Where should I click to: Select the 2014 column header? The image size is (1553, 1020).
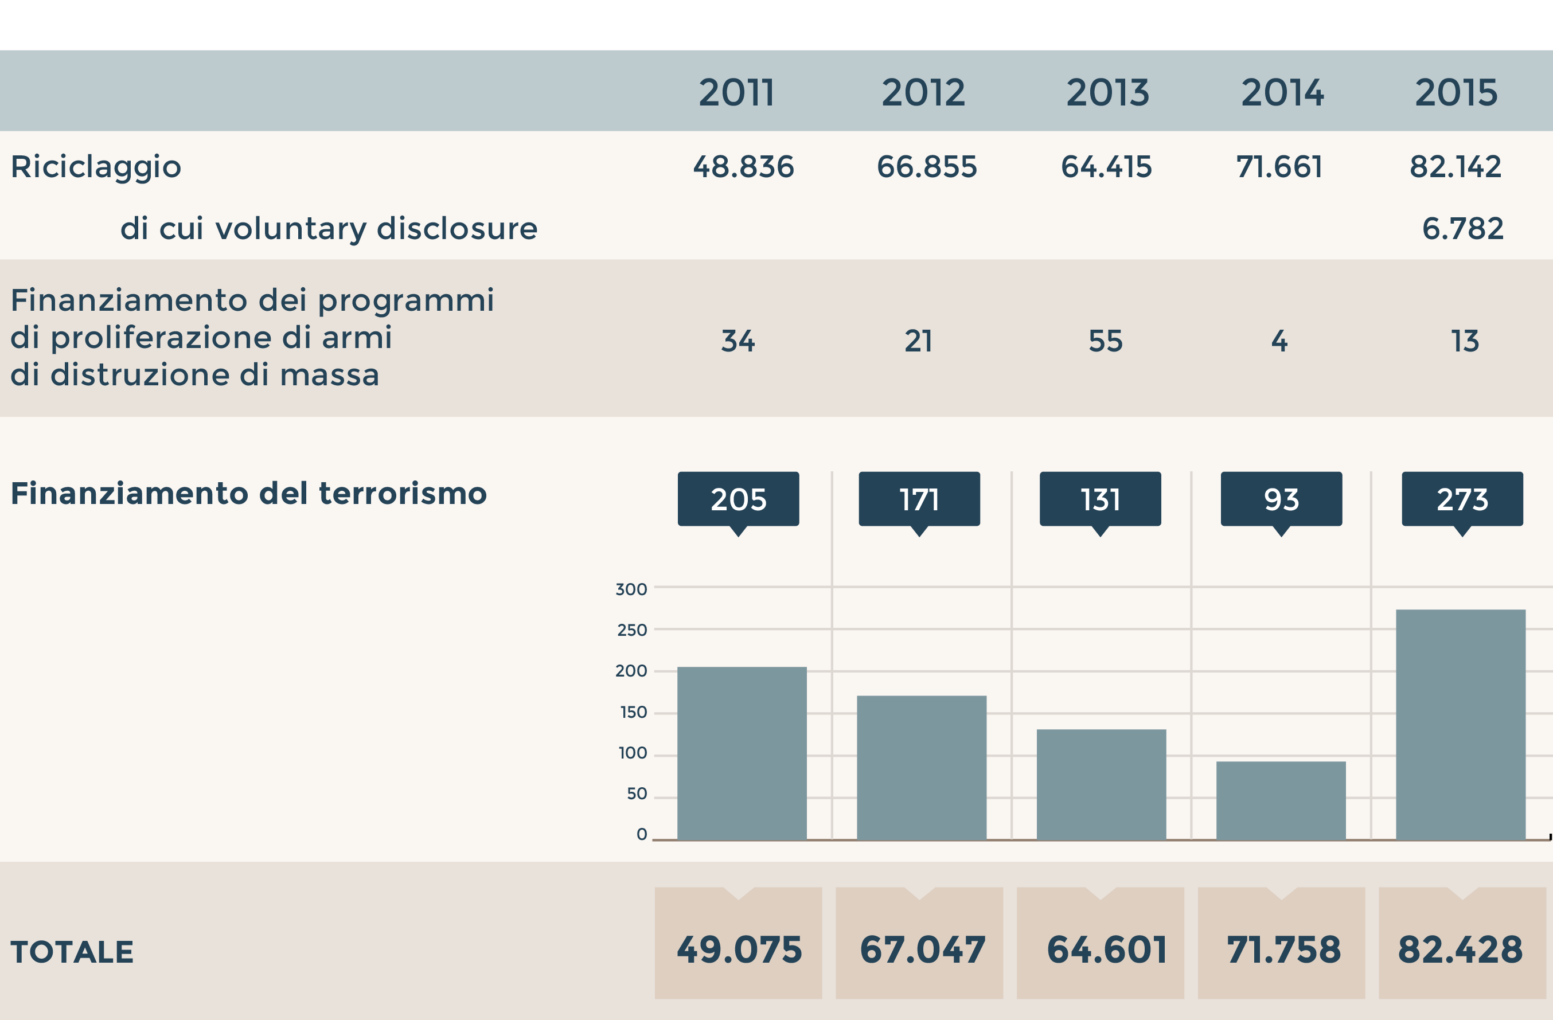[1282, 93]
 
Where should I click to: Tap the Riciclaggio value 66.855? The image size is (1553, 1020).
[927, 167]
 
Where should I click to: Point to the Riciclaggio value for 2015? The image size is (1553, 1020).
[1455, 167]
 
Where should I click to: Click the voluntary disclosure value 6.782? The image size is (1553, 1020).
[1462, 229]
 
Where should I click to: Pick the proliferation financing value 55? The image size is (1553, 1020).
[1105, 341]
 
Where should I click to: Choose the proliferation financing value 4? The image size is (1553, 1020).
[1279, 341]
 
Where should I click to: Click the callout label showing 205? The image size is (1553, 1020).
[738, 499]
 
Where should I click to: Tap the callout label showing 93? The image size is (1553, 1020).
[1281, 499]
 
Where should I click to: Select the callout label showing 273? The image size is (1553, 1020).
[1462, 499]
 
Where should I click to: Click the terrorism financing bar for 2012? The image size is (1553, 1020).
[922, 768]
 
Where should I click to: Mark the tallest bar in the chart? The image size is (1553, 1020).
[1460, 724]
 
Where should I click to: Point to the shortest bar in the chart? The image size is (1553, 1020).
[1281, 800]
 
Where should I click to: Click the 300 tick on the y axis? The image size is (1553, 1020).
[631, 589]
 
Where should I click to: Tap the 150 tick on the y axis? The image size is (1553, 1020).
[633, 712]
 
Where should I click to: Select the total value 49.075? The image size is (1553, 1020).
[739, 949]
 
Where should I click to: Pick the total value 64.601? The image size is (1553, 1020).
[1107, 949]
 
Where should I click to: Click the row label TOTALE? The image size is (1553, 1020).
[72, 952]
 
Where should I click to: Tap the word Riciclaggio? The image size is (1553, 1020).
[96, 167]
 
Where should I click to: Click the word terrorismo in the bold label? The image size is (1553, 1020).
[403, 494]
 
